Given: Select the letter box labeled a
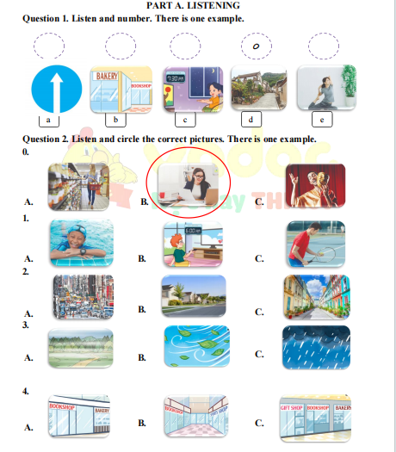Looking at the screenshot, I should click(x=48, y=120).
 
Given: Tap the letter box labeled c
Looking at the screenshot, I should click(x=185, y=120).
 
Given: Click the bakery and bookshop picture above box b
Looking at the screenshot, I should click(x=121, y=88).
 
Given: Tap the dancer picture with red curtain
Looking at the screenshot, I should click(x=314, y=184).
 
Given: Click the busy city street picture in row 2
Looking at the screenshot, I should click(x=82, y=297).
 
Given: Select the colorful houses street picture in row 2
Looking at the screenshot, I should click(x=316, y=297).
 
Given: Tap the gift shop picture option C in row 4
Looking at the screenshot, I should click(x=316, y=417).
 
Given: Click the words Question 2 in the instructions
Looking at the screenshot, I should click(x=48, y=139).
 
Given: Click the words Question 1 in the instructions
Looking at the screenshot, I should click(x=48, y=18).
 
